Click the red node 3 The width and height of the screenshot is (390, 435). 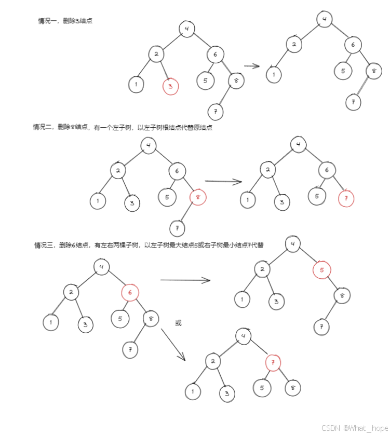170,87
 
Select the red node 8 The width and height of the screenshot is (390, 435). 198,197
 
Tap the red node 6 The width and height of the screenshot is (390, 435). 130,293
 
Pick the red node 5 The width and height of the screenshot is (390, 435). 322,270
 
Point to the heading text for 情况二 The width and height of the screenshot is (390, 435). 123,127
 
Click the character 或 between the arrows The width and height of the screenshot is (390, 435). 179,323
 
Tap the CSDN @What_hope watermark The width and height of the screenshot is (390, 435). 354,428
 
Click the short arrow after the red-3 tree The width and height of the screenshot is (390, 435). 252,66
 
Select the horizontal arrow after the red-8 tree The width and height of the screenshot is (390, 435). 224,182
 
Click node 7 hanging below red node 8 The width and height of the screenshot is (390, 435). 178,228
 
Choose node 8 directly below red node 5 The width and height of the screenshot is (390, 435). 342,296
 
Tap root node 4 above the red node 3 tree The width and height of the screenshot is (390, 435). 186,29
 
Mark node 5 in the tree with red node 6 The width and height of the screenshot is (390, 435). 119,319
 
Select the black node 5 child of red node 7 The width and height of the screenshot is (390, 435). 262,387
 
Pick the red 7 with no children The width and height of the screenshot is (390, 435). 346,199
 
